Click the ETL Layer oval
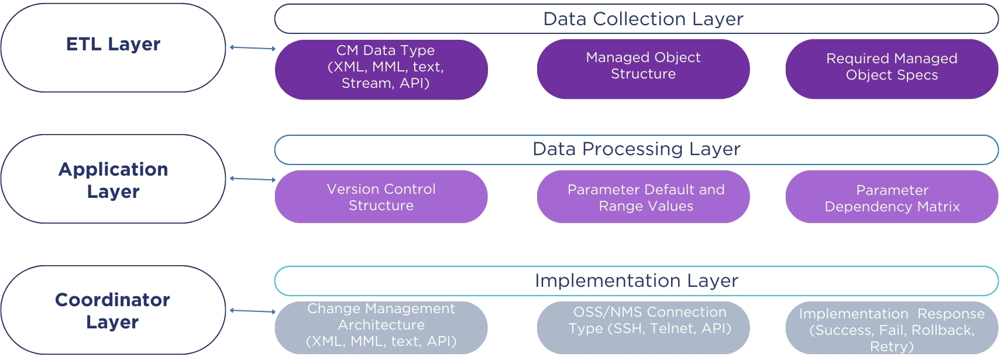pyautogui.click(x=113, y=47)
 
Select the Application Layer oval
pyautogui.click(x=113, y=179)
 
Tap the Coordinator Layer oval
pyautogui.click(x=113, y=310)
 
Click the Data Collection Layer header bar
pyautogui.click(x=637, y=19)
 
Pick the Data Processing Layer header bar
pyautogui.click(x=637, y=150)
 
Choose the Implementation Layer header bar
pyautogui.click(x=637, y=281)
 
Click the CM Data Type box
pyautogui.click(x=381, y=70)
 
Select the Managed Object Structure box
pyautogui.click(x=644, y=69)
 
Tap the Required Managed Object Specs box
pyautogui.click(x=892, y=69)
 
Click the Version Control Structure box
pyautogui.click(x=381, y=197)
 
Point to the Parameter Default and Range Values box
pyautogui.click(x=644, y=197)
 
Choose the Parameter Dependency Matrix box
pyautogui.click(x=892, y=197)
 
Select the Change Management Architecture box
pyautogui.click(x=381, y=328)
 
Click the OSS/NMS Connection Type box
pyautogui.click(x=644, y=328)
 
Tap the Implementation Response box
pyautogui.click(x=892, y=328)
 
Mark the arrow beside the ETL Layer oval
pyautogui.click(x=253, y=48)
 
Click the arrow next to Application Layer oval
pyautogui.click(x=253, y=179)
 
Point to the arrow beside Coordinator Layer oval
pyautogui.click(x=253, y=311)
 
